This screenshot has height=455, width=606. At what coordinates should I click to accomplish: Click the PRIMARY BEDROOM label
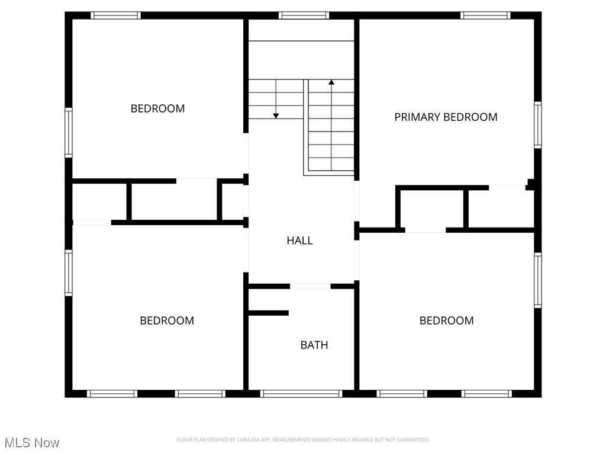click(x=446, y=117)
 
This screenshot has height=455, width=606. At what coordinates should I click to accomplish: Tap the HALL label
click(x=299, y=241)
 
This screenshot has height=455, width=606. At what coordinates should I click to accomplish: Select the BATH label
click(x=314, y=345)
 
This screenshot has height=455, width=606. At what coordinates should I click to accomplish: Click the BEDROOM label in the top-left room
click(x=157, y=108)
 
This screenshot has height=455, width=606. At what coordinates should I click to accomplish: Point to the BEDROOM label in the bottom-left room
click(x=167, y=321)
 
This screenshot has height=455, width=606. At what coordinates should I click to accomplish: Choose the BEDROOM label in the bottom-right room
click(x=446, y=321)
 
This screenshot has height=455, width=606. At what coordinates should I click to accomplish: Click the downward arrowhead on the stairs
click(x=276, y=116)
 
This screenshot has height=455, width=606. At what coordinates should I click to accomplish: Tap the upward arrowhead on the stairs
click(x=331, y=82)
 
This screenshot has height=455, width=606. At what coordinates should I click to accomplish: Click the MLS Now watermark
click(x=32, y=443)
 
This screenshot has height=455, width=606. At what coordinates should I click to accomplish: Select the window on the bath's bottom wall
click(x=301, y=393)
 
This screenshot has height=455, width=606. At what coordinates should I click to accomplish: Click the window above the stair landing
click(x=304, y=15)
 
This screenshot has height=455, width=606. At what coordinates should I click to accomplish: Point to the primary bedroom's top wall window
click(x=485, y=15)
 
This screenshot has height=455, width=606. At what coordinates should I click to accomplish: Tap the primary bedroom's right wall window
click(x=537, y=124)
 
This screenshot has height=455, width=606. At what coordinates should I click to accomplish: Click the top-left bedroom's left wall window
click(x=69, y=132)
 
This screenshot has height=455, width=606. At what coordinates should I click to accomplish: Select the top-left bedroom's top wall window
click(x=115, y=15)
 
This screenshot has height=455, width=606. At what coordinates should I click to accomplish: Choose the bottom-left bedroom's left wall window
click(x=69, y=273)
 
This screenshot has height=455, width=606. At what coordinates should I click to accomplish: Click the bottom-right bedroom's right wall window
click(x=537, y=280)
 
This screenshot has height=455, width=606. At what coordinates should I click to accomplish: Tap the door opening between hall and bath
click(x=310, y=287)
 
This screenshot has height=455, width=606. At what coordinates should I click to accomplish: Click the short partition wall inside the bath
click(x=268, y=313)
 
